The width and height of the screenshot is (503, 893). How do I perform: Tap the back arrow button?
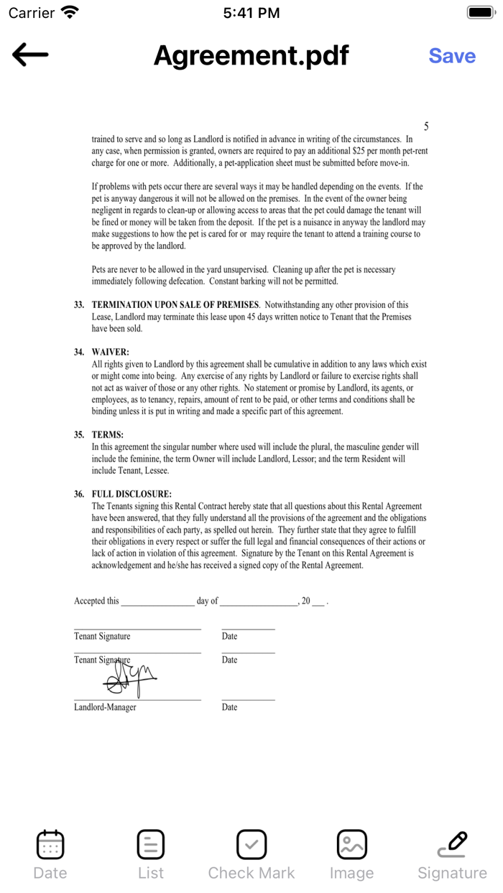[30, 55]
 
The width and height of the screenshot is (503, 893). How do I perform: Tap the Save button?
[452, 56]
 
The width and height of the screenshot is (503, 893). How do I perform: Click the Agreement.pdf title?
[251, 55]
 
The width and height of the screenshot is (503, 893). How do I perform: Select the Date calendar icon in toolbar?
[50, 845]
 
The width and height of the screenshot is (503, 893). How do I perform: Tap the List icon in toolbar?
[151, 845]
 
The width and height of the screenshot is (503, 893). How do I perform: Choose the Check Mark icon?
[251, 845]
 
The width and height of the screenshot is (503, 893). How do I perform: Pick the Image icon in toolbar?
[352, 845]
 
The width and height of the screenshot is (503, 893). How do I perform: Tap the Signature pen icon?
[453, 845]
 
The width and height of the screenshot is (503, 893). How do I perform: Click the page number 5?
[426, 126]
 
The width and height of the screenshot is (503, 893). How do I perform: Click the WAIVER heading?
[110, 352]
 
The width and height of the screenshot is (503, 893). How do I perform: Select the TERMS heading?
[108, 435]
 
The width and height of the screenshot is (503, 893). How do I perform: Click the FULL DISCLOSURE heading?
[131, 495]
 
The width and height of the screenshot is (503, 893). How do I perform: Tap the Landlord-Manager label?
[105, 707]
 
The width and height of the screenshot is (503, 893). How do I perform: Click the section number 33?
[79, 305]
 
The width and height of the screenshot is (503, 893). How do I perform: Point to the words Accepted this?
[96, 601]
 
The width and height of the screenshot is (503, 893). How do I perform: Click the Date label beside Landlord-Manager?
[229, 707]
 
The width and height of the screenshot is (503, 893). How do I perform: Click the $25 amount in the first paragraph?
[360, 151]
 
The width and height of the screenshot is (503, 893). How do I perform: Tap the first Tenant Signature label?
[102, 636]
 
